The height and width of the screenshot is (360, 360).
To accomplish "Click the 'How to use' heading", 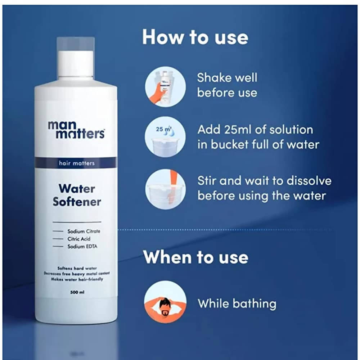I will (x=195, y=37).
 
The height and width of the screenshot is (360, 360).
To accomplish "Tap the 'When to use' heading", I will (x=195, y=257).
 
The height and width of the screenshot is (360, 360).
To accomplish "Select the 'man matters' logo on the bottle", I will (x=76, y=130).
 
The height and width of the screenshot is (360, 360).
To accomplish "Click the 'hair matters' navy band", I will (x=76, y=163).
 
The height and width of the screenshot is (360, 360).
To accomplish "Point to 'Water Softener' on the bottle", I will (x=77, y=195).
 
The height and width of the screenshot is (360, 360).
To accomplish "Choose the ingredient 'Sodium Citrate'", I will (x=84, y=231).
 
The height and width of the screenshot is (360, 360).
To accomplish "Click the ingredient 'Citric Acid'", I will (x=78, y=239).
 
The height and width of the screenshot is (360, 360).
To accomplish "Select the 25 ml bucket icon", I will (x=166, y=137).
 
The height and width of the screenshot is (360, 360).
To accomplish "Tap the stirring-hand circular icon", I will (x=166, y=188).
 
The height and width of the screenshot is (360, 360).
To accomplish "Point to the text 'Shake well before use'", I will (x=227, y=85).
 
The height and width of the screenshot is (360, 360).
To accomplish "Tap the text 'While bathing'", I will (x=237, y=303).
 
